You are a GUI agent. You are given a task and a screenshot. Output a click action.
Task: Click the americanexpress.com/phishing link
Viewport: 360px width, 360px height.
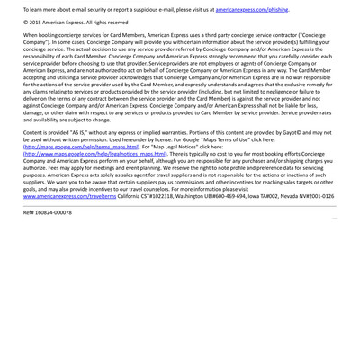[x=253, y=7]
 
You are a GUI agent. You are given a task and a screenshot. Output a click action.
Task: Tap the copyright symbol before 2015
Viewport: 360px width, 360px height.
[x=26, y=22]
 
